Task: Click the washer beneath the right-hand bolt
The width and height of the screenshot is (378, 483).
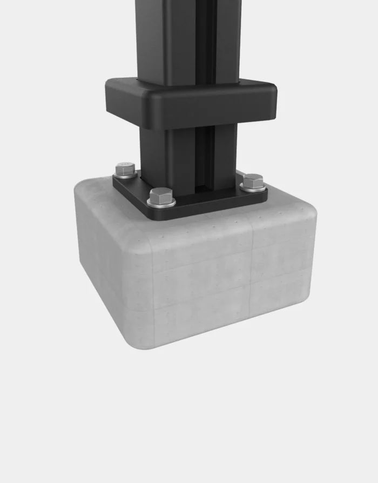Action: [252, 188]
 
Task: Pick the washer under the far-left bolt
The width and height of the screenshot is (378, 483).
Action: [125, 175]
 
